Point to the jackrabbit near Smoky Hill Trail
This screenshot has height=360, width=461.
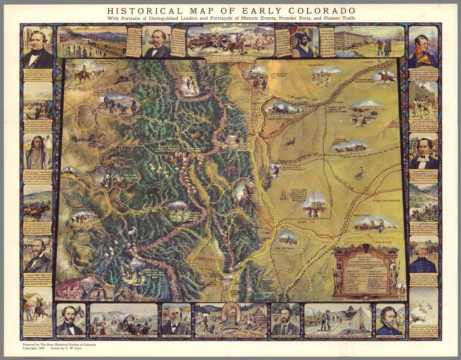(359, 174)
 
